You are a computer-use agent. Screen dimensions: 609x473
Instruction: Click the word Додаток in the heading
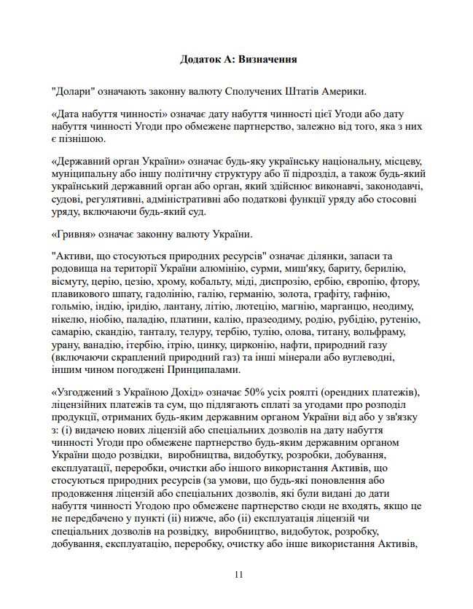pyautogui.click(x=202, y=59)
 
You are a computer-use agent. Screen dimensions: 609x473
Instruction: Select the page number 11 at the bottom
pyautogui.click(x=238, y=574)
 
